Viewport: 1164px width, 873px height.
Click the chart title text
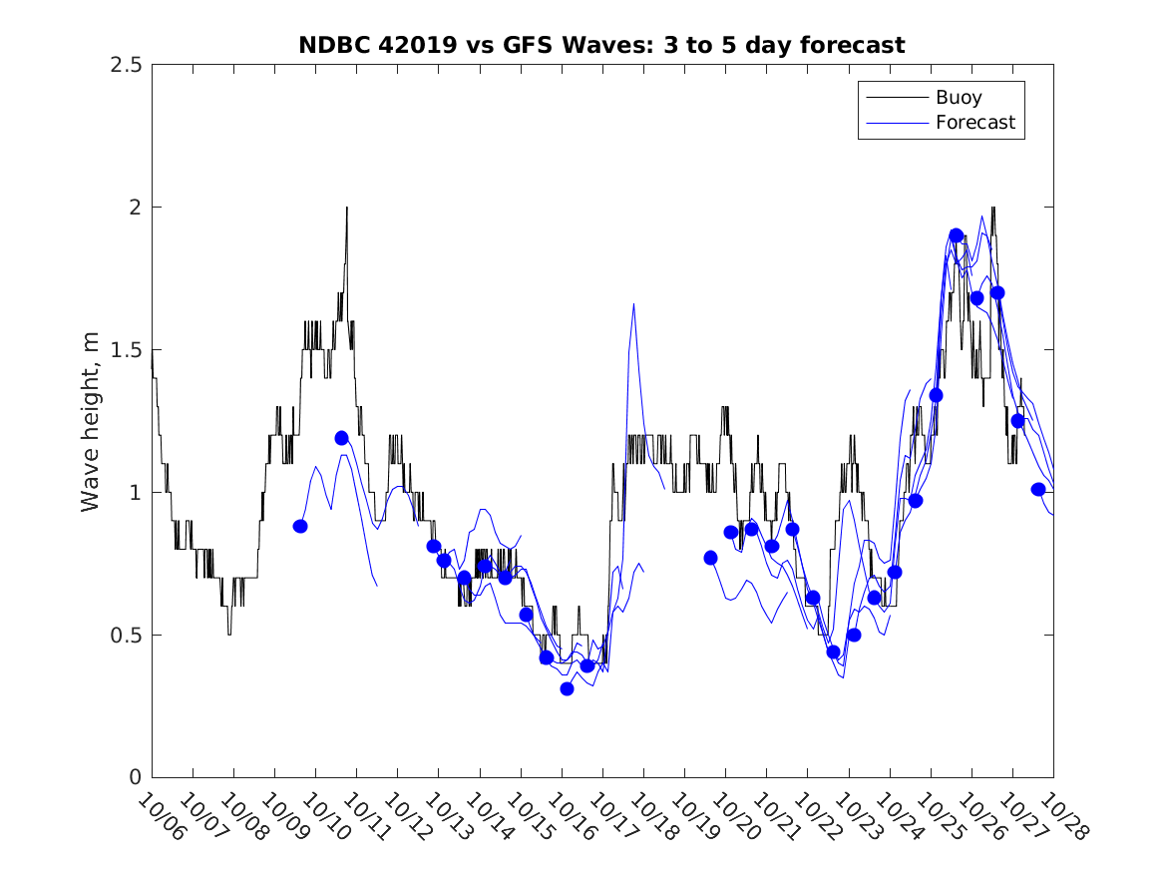pos(601,45)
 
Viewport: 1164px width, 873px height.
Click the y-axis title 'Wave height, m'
pos(91,421)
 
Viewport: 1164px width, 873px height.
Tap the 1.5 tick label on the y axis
pos(126,350)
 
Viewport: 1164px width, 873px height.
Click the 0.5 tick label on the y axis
pos(126,636)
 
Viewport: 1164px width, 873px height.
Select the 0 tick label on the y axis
pos(135,778)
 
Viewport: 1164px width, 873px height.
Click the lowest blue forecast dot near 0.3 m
pos(567,688)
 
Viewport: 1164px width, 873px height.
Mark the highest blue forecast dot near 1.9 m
pos(957,235)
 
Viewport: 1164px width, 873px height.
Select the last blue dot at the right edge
pos(1038,489)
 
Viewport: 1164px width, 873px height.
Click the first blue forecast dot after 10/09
pos(300,526)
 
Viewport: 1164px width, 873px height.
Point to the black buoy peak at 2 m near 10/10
pos(347,208)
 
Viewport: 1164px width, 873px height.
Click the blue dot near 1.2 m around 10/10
pos(341,438)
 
